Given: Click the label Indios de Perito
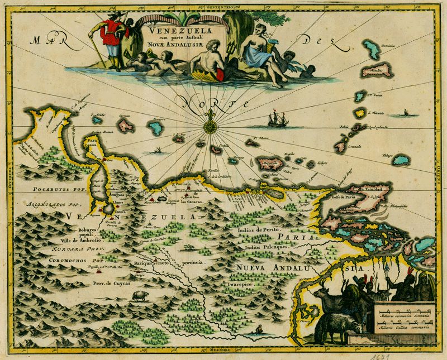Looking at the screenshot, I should [261, 230].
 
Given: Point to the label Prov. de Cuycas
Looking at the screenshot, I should [110, 283].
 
